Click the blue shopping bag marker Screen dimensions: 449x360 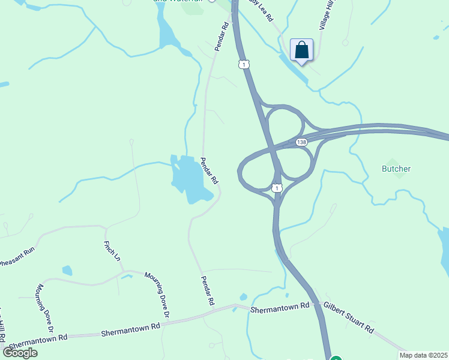301,50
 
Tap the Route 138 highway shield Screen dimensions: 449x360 301,142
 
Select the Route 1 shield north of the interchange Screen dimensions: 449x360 243,63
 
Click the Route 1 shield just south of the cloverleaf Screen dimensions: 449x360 276,188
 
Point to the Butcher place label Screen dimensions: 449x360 396,169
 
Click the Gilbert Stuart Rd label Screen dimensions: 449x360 349,317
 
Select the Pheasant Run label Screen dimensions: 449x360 17,256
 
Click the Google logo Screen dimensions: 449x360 19,353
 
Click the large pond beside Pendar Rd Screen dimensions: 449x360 188,181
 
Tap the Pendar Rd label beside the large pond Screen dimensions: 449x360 209,171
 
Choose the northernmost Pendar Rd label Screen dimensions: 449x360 222,36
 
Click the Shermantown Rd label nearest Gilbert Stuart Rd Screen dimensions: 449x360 279,308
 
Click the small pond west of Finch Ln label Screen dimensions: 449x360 67,270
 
